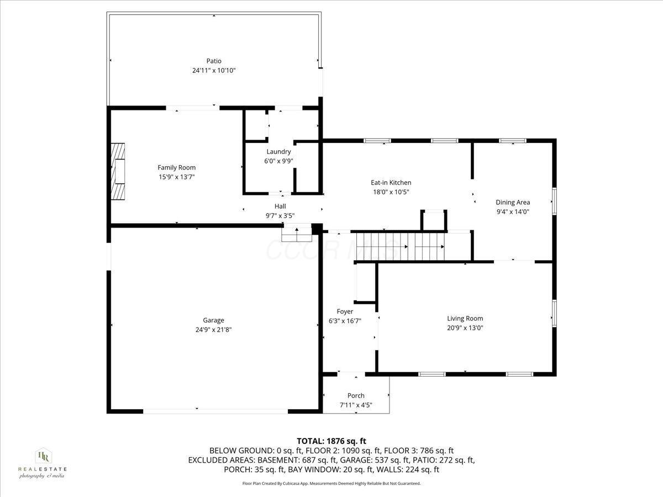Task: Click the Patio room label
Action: tap(213, 61)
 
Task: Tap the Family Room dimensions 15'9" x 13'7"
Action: tap(176, 177)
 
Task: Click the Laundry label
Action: tap(278, 152)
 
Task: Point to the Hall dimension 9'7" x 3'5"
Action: tap(280, 216)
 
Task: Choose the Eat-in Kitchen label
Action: tap(391, 183)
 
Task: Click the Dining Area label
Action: tap(512, 202)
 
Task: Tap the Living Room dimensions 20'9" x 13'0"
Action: tap(465, 327)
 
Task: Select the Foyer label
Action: tap(345, 311)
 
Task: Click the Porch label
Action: tap(356, 395)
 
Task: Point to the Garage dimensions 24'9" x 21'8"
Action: tap(213, 330)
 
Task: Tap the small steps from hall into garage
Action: tap(297, 234)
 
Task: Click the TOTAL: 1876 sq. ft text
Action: tap(331, 441)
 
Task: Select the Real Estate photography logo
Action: tap(43, 463)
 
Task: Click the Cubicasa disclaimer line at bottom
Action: tap(331, 483)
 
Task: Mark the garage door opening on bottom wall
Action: tap(215, 411)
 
